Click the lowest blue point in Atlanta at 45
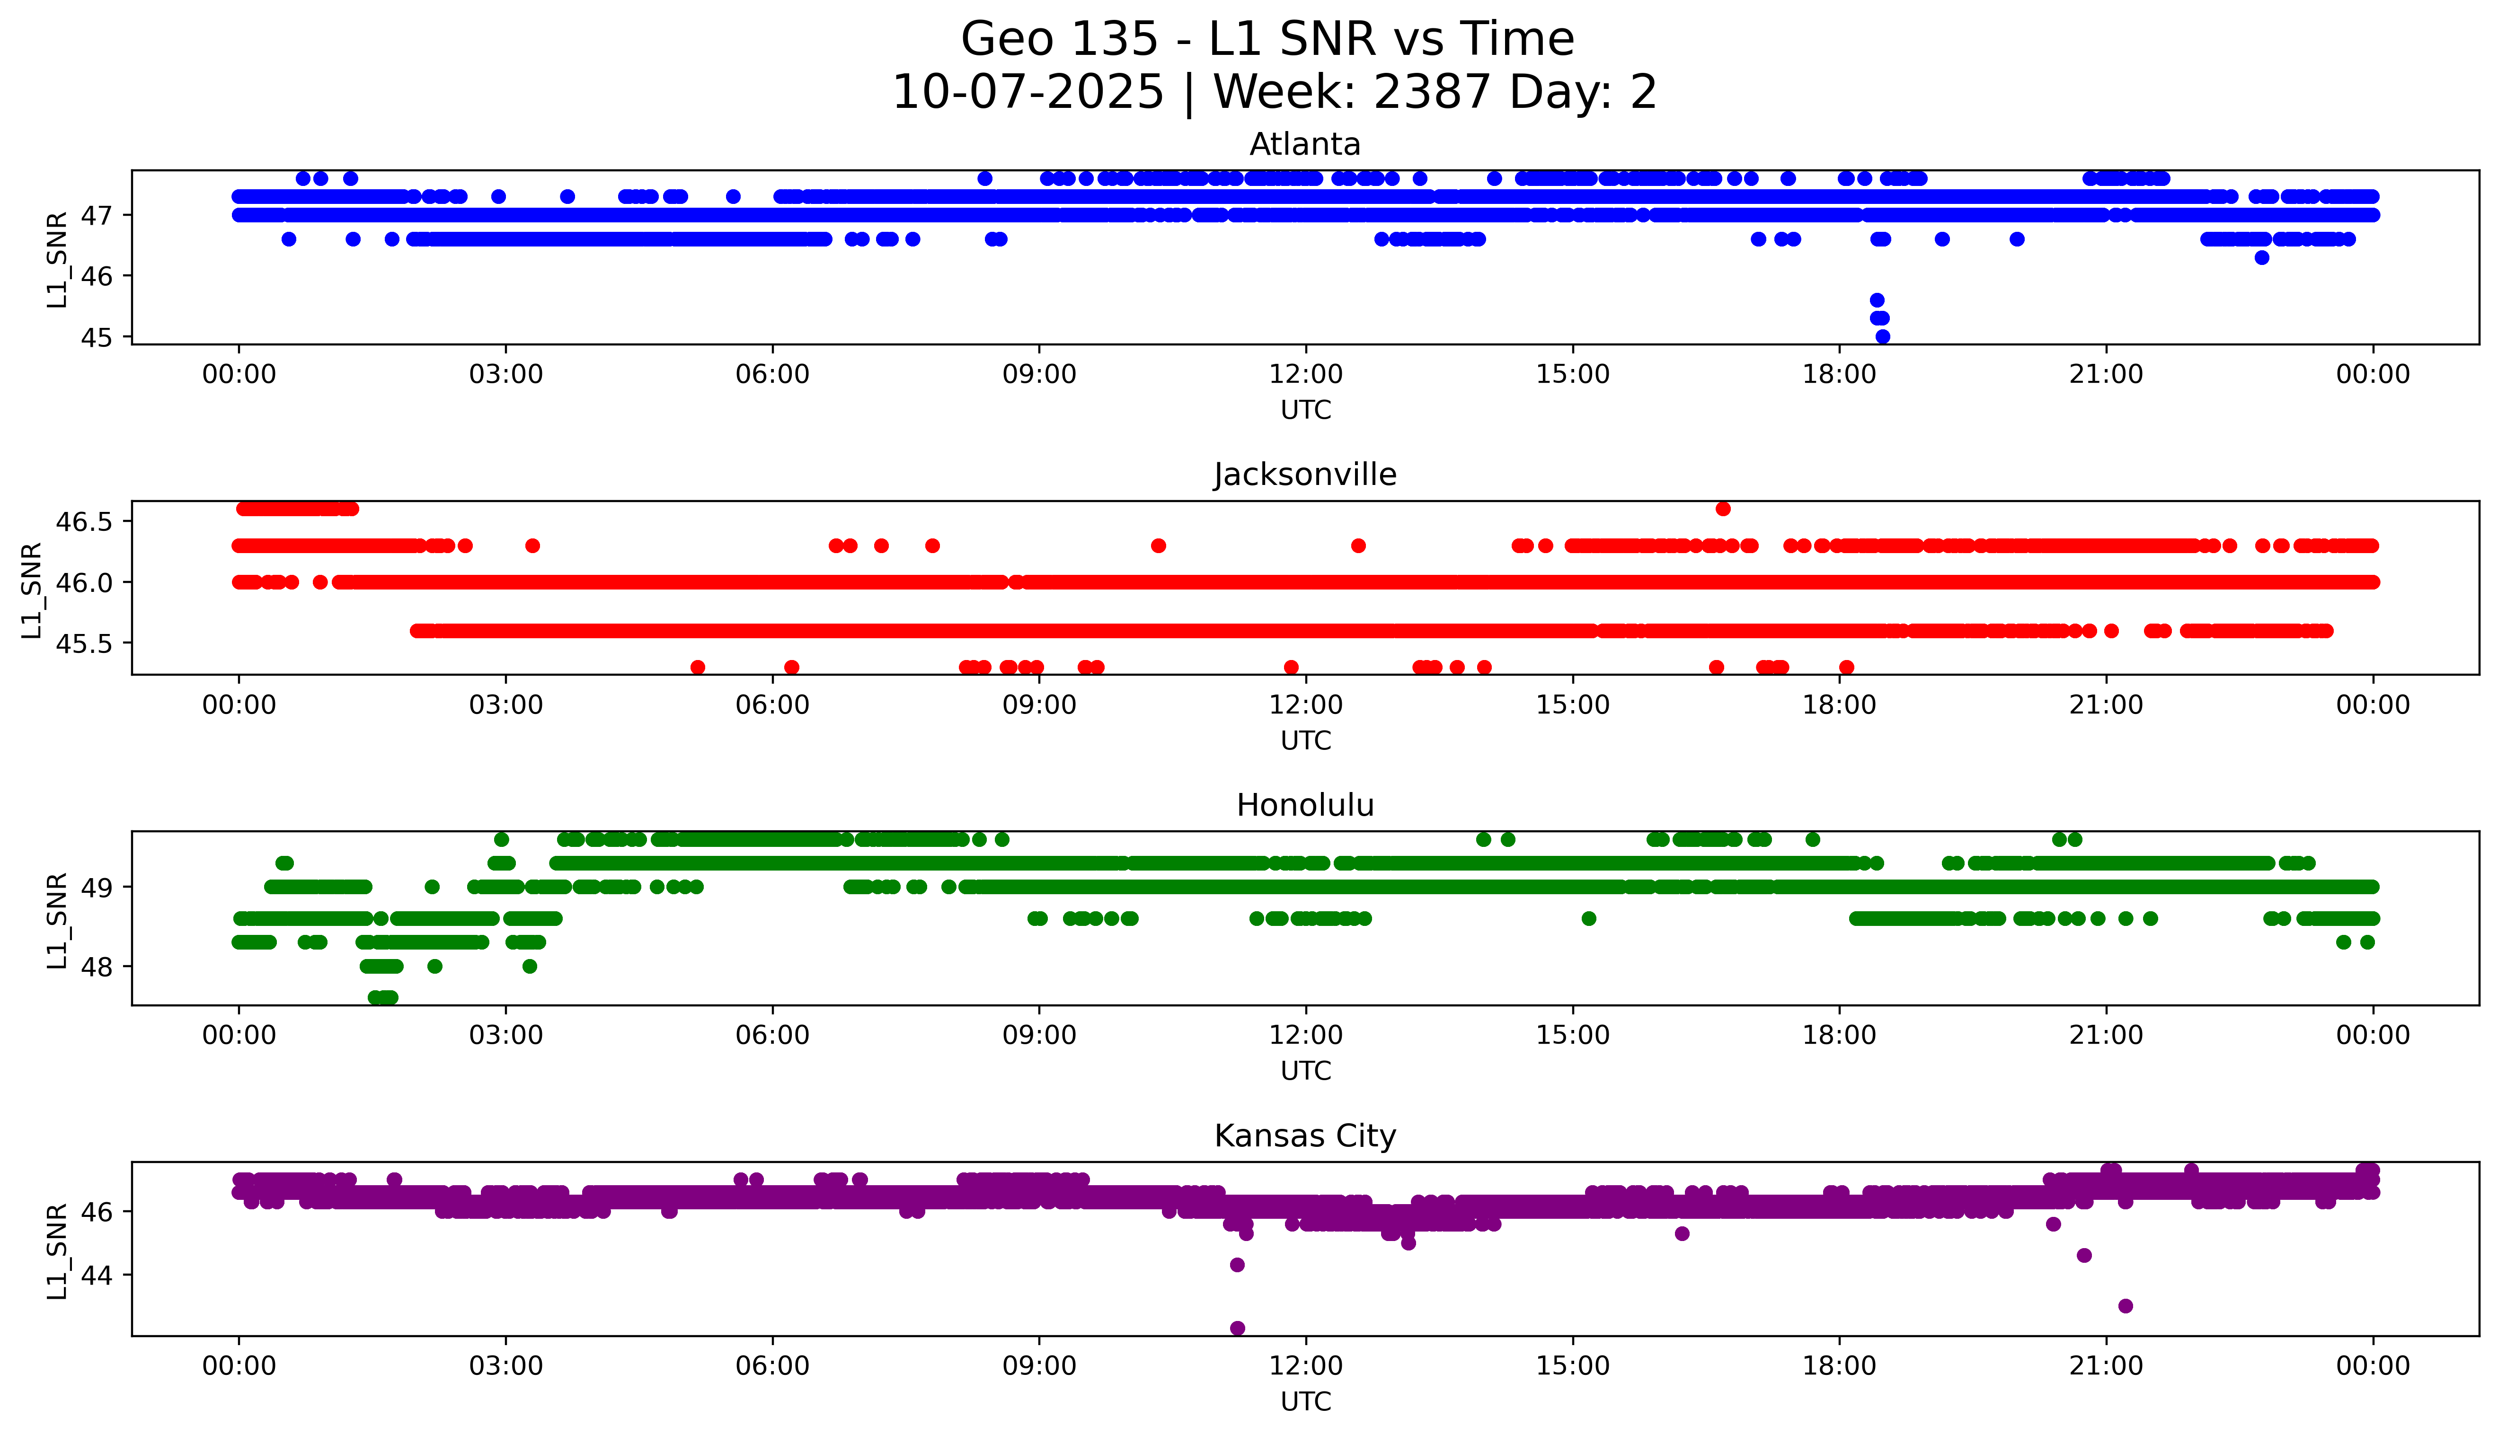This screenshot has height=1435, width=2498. (x=1882, y=336)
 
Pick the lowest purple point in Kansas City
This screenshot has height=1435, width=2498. (x=1237, y=1328)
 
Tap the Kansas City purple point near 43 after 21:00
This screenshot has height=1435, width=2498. (x=2126, y=1306)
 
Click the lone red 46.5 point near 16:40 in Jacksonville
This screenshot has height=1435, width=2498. (x=1722, y=509)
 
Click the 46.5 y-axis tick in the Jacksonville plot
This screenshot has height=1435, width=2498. (x=85, y=521)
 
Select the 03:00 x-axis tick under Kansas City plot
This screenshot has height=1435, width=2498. (x=506, y=1366)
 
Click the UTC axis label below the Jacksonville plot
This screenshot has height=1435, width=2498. (x=1305, y=740)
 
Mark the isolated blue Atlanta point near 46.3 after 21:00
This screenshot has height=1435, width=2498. (x=2261, y=257)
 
